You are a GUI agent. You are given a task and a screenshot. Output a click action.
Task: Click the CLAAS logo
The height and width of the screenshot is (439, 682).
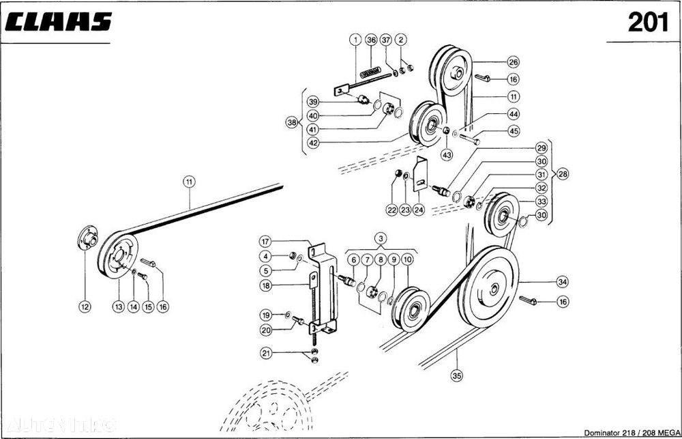tap(59, 22)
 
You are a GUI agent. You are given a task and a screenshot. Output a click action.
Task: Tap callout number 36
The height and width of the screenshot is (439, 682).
tap(371, 40)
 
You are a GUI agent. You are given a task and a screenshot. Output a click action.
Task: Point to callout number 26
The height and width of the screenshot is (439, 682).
tap(532, 61)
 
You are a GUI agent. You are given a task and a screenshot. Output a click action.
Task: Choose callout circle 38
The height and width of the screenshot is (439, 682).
tap(293, 123)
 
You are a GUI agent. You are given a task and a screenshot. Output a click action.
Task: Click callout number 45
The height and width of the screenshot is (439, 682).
tap(532, 132)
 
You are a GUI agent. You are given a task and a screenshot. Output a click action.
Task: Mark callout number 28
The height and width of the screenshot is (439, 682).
tap(563, 173)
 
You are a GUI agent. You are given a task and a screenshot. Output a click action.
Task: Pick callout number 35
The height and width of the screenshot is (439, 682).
tap(457, 373)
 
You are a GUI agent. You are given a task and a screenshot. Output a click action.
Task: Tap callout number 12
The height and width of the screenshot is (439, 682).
tap(85, 307)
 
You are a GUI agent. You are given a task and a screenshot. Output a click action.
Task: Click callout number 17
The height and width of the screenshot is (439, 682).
tap(266, 241)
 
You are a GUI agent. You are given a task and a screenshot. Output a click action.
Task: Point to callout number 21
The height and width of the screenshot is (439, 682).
tap(266, 353)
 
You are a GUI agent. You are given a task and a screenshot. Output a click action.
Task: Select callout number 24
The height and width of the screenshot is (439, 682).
tap(419, 210)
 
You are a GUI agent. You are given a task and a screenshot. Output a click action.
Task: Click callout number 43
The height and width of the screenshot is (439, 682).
tap(447, 155)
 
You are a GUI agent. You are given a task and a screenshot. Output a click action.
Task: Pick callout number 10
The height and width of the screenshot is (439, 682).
tap(407, 259)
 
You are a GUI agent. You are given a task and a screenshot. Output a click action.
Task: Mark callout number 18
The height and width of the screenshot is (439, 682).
tap(266, 286)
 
